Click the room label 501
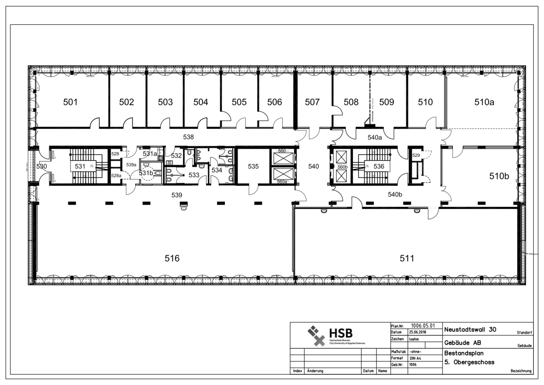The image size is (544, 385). [71, 102]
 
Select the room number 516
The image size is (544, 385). [172, 258]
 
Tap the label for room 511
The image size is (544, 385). [407, 258]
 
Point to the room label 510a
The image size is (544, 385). [484, 102]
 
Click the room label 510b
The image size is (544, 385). [499, 176]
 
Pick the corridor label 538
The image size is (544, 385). [188, 137]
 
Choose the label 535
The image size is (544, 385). [253, 167]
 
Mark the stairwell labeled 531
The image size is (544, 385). [80, 167]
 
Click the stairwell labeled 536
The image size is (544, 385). [379, 167]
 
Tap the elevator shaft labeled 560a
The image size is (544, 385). [282, 181]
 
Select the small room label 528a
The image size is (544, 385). [116, 176]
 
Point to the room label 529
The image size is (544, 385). [416, 155]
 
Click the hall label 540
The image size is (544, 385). [313, 167]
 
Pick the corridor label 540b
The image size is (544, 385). [395, 194]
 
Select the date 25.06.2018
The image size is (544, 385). [417, 332]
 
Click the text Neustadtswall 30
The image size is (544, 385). [470, 330]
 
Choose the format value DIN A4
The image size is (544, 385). [415, 358]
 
